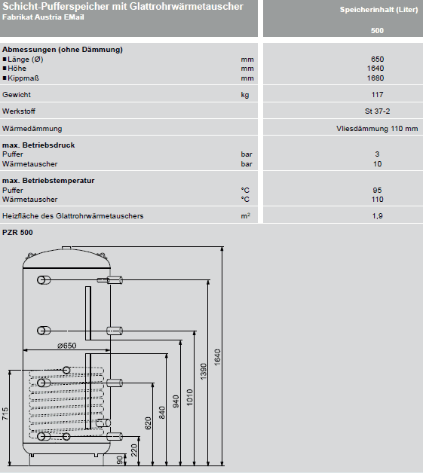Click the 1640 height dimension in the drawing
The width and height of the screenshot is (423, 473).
pos(217,358)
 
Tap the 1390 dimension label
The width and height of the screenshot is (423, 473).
pos(204,371)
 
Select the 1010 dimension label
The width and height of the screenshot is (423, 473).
pos(189,397)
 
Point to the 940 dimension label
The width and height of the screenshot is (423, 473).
pos(176,401)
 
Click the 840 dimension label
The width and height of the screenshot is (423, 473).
pos(162,413)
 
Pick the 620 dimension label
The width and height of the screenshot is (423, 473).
pos(148,423)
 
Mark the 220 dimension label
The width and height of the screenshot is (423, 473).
pos(134,450)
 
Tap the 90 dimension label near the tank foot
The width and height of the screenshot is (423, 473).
pos(120,460)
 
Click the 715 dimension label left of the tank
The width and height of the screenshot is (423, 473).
pos(5,413)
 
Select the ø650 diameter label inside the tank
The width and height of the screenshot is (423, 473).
pos(66,346)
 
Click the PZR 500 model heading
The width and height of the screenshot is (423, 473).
pos(17,232)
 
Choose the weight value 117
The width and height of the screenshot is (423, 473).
pos(377,95)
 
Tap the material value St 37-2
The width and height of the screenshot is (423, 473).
pos(378,111)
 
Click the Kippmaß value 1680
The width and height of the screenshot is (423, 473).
pos(375,78)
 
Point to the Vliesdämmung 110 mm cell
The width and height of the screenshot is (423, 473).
pos(377,129)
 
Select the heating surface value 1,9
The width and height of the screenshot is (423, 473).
pos(378,216)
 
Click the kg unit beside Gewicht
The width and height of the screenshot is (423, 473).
pos(245,95)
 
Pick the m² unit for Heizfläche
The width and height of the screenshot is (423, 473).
pos(246,215)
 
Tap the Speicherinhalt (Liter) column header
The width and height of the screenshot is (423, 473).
pos(379,10)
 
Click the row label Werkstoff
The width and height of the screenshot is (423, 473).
pos(19,111)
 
